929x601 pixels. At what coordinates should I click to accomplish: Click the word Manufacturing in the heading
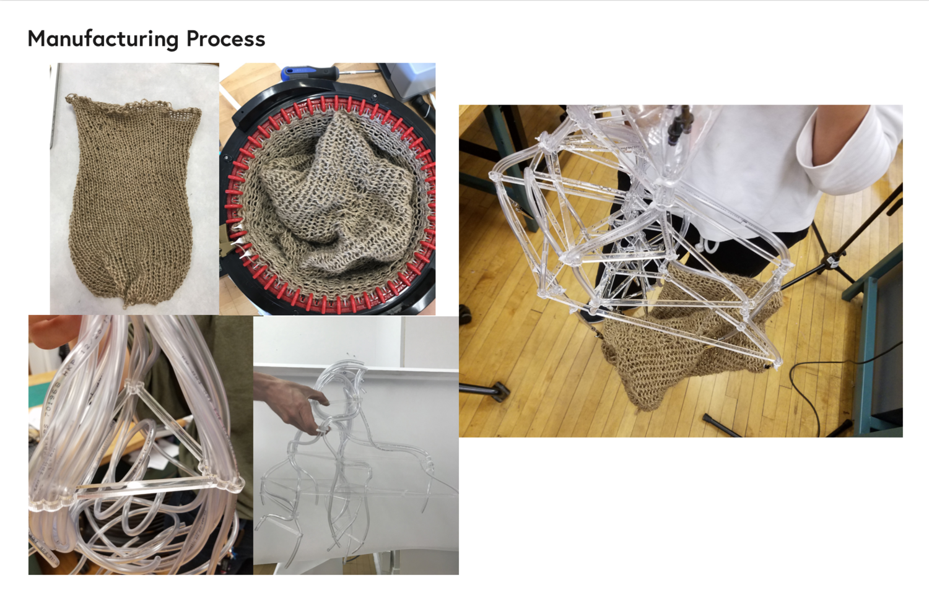coord(103,40)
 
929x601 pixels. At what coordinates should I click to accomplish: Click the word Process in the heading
coord(225,39)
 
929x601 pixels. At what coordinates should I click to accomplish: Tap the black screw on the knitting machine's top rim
coord(375,96)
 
